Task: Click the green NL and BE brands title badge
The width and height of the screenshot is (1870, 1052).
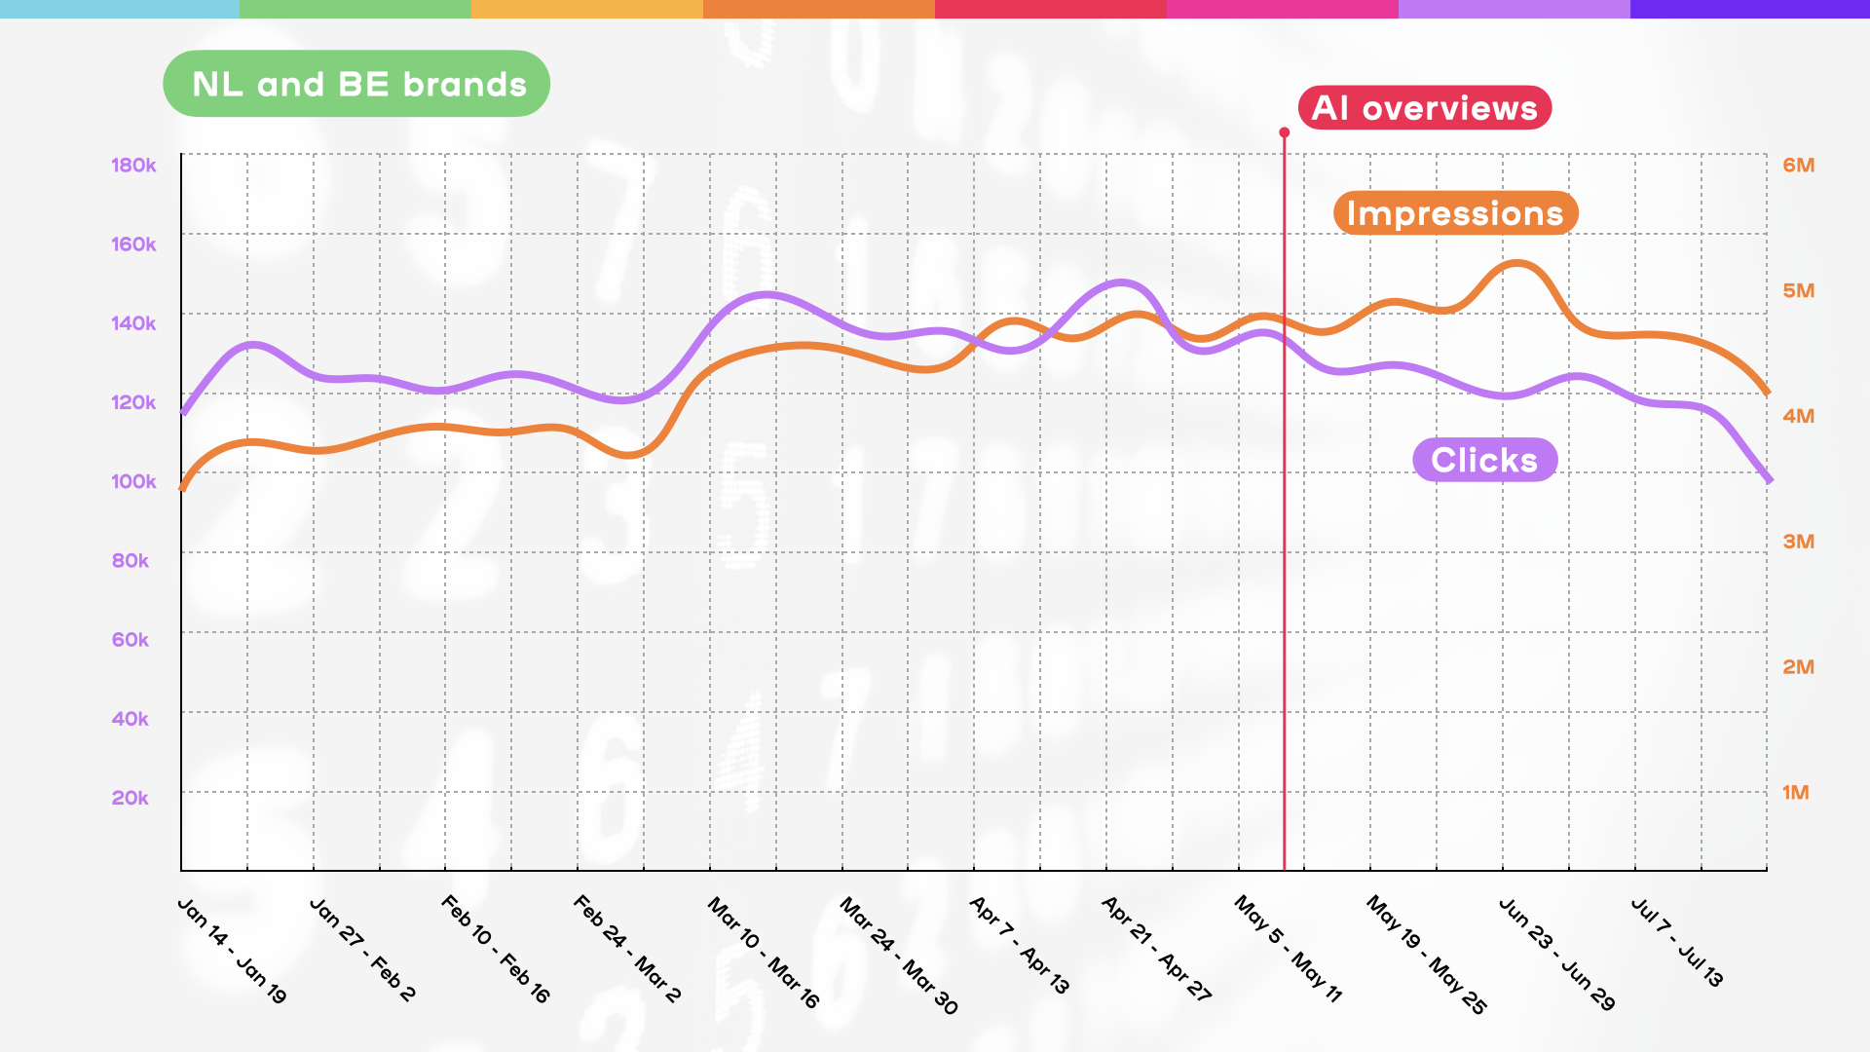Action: click(x=356, y=84)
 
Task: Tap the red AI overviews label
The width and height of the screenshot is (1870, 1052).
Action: click(x=1424, y=107)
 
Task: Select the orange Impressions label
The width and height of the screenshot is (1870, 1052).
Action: click(x=1455, y=212)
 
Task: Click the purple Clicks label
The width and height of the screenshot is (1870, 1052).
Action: click(x=1484, y=460)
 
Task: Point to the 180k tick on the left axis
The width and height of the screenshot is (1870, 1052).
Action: click(x=133, y=165)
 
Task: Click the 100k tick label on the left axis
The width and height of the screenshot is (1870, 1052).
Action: click(x=133, y=481)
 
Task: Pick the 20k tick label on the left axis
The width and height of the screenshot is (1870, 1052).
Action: click(x=130, y=798)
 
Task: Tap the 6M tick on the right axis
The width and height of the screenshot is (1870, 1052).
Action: click(x=1798, y=165)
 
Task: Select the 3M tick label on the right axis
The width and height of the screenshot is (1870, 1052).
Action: click(x=1798, y=542)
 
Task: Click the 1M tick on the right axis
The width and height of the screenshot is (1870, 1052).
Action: click(x=1795, y=793)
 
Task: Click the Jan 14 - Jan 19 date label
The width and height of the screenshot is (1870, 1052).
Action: click(x=232, y=951)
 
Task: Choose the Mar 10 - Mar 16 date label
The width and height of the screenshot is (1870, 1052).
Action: click(x=764, y=953)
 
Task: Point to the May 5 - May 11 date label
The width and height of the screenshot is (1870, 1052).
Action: click(x=1289, y=949)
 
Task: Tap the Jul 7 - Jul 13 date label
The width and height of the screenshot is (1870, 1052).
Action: click(x=1677, y=943)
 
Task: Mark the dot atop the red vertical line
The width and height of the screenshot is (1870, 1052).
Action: click(x=1285, y=132)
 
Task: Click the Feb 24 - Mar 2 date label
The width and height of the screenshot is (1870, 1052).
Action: click(x=627, y=949)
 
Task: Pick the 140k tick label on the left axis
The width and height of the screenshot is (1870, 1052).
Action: click(x=133, y=323)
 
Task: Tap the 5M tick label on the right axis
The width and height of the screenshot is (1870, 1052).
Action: click(x=1798, y=290)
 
